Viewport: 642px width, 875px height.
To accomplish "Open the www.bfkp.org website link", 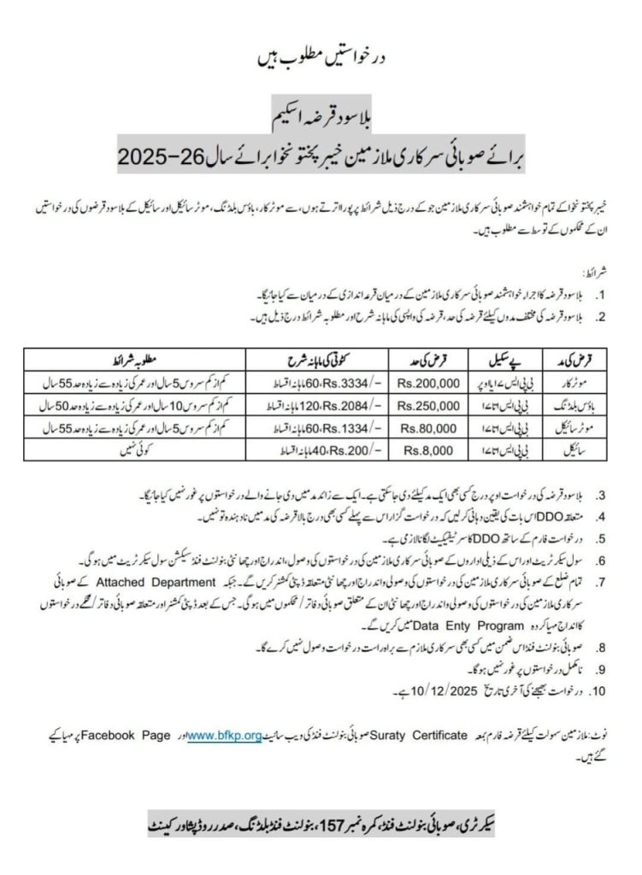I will click(223, 735).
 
